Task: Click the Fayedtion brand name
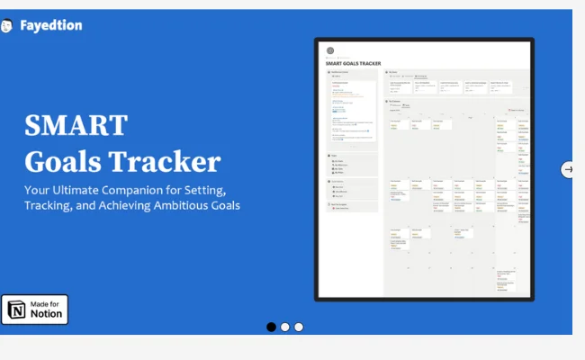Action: pyautogui.click(x=51, y=25)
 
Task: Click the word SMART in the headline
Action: pyautogui.click(x=76, y=124)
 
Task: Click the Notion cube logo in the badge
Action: pyautogui.click(x=17, y=310)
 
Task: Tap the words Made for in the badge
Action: pyautogui.click(x=46, y=304)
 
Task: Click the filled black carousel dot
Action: pyautogui.click(x=271, y=327)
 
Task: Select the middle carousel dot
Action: pyautogui.click(x=284, y=327)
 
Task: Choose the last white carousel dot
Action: pyautogui.click(x=298, y=327)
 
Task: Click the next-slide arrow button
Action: pyautogui.click(x=567, y=169)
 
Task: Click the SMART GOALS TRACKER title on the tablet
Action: pyautogui.click(x=359, y=63)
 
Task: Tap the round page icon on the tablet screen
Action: pyautogui.click(x=330, y=50)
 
